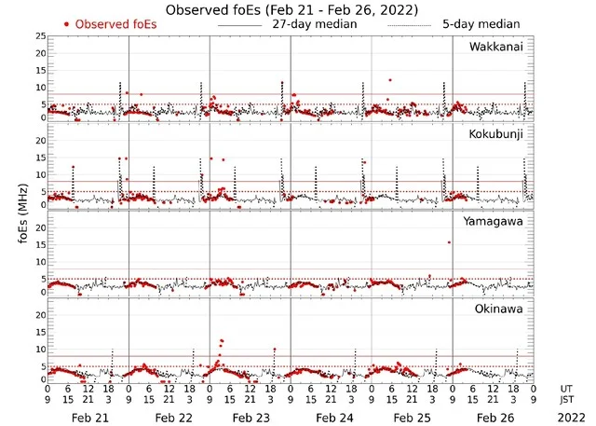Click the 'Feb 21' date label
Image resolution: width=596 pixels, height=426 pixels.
click(x=89, y=419)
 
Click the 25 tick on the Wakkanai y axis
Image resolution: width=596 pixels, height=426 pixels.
click(x=38, y=36)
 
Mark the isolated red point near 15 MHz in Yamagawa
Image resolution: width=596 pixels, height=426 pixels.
click(x=449, y=242)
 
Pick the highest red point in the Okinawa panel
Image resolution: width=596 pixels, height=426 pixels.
click(x=221, y=341)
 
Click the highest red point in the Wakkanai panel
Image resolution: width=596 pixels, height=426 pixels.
click(x=390, y=80)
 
